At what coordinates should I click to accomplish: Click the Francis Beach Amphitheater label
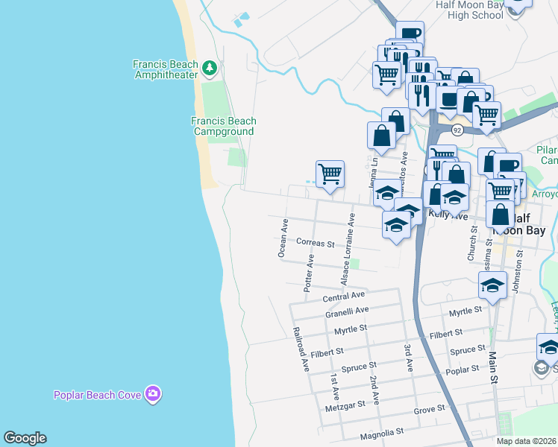tap(165, 69)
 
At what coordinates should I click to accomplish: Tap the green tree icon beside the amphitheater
tap(210, 69)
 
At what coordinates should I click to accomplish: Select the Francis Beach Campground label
tap(224, 126)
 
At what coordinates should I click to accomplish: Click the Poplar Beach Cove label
tap(98, 394)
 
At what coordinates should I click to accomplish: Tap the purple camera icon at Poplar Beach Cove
tap(153, 393)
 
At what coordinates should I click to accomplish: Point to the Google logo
tap(25, 438)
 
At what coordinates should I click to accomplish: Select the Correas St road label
tap(316, 243)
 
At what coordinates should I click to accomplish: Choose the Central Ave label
tap(342, 297)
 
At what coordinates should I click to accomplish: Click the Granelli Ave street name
tap(347, 311)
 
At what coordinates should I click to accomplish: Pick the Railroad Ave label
tap(301, 349)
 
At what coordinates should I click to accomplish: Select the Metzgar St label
tap(345, 405)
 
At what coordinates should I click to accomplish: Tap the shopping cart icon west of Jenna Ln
tap(330, 174)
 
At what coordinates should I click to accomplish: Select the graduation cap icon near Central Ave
tap(492, 285)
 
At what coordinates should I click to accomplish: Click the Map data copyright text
tap(526, 441)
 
